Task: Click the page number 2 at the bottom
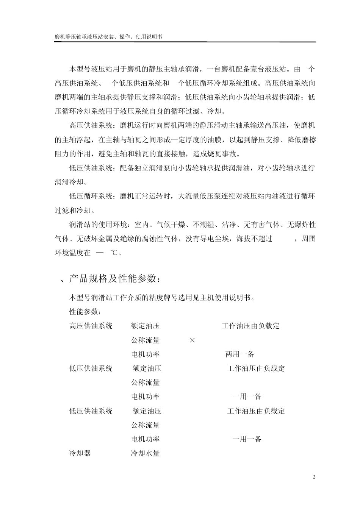pyautogui.click(x=314, y=477)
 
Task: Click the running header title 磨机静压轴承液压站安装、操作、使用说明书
pyautogui.click(x=108, y=37)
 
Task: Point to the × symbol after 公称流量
pyautogui.click(x=192, y=340)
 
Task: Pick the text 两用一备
pyautogui.click(x=240, y=354)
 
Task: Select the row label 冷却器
pyautogui.click(x=80, y=453)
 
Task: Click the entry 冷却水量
pyautogui.click(x=146, y=453)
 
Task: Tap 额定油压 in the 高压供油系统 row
pyautogui.click(x=146, y=326)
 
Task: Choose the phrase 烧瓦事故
pyautogui.click(x=225, y=154)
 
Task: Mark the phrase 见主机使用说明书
pyautogui.click(x=221, y=297)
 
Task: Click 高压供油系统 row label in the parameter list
pyautogui.click(x=91, y=326)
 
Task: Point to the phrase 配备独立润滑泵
pyautogui.click(x=145, y=168)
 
